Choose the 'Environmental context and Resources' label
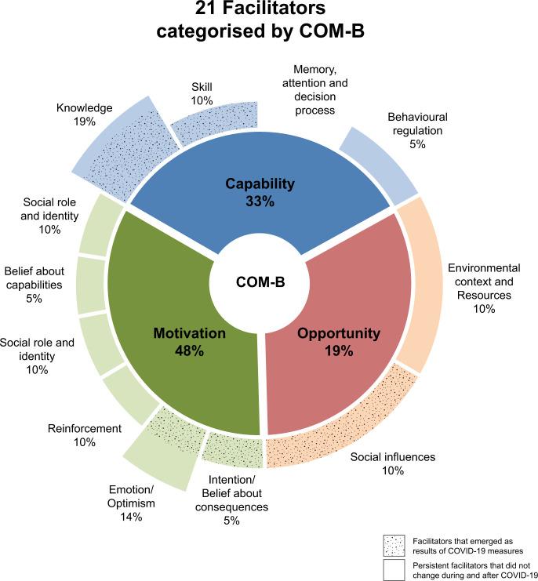(483, 289)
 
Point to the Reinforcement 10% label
(85, 435)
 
